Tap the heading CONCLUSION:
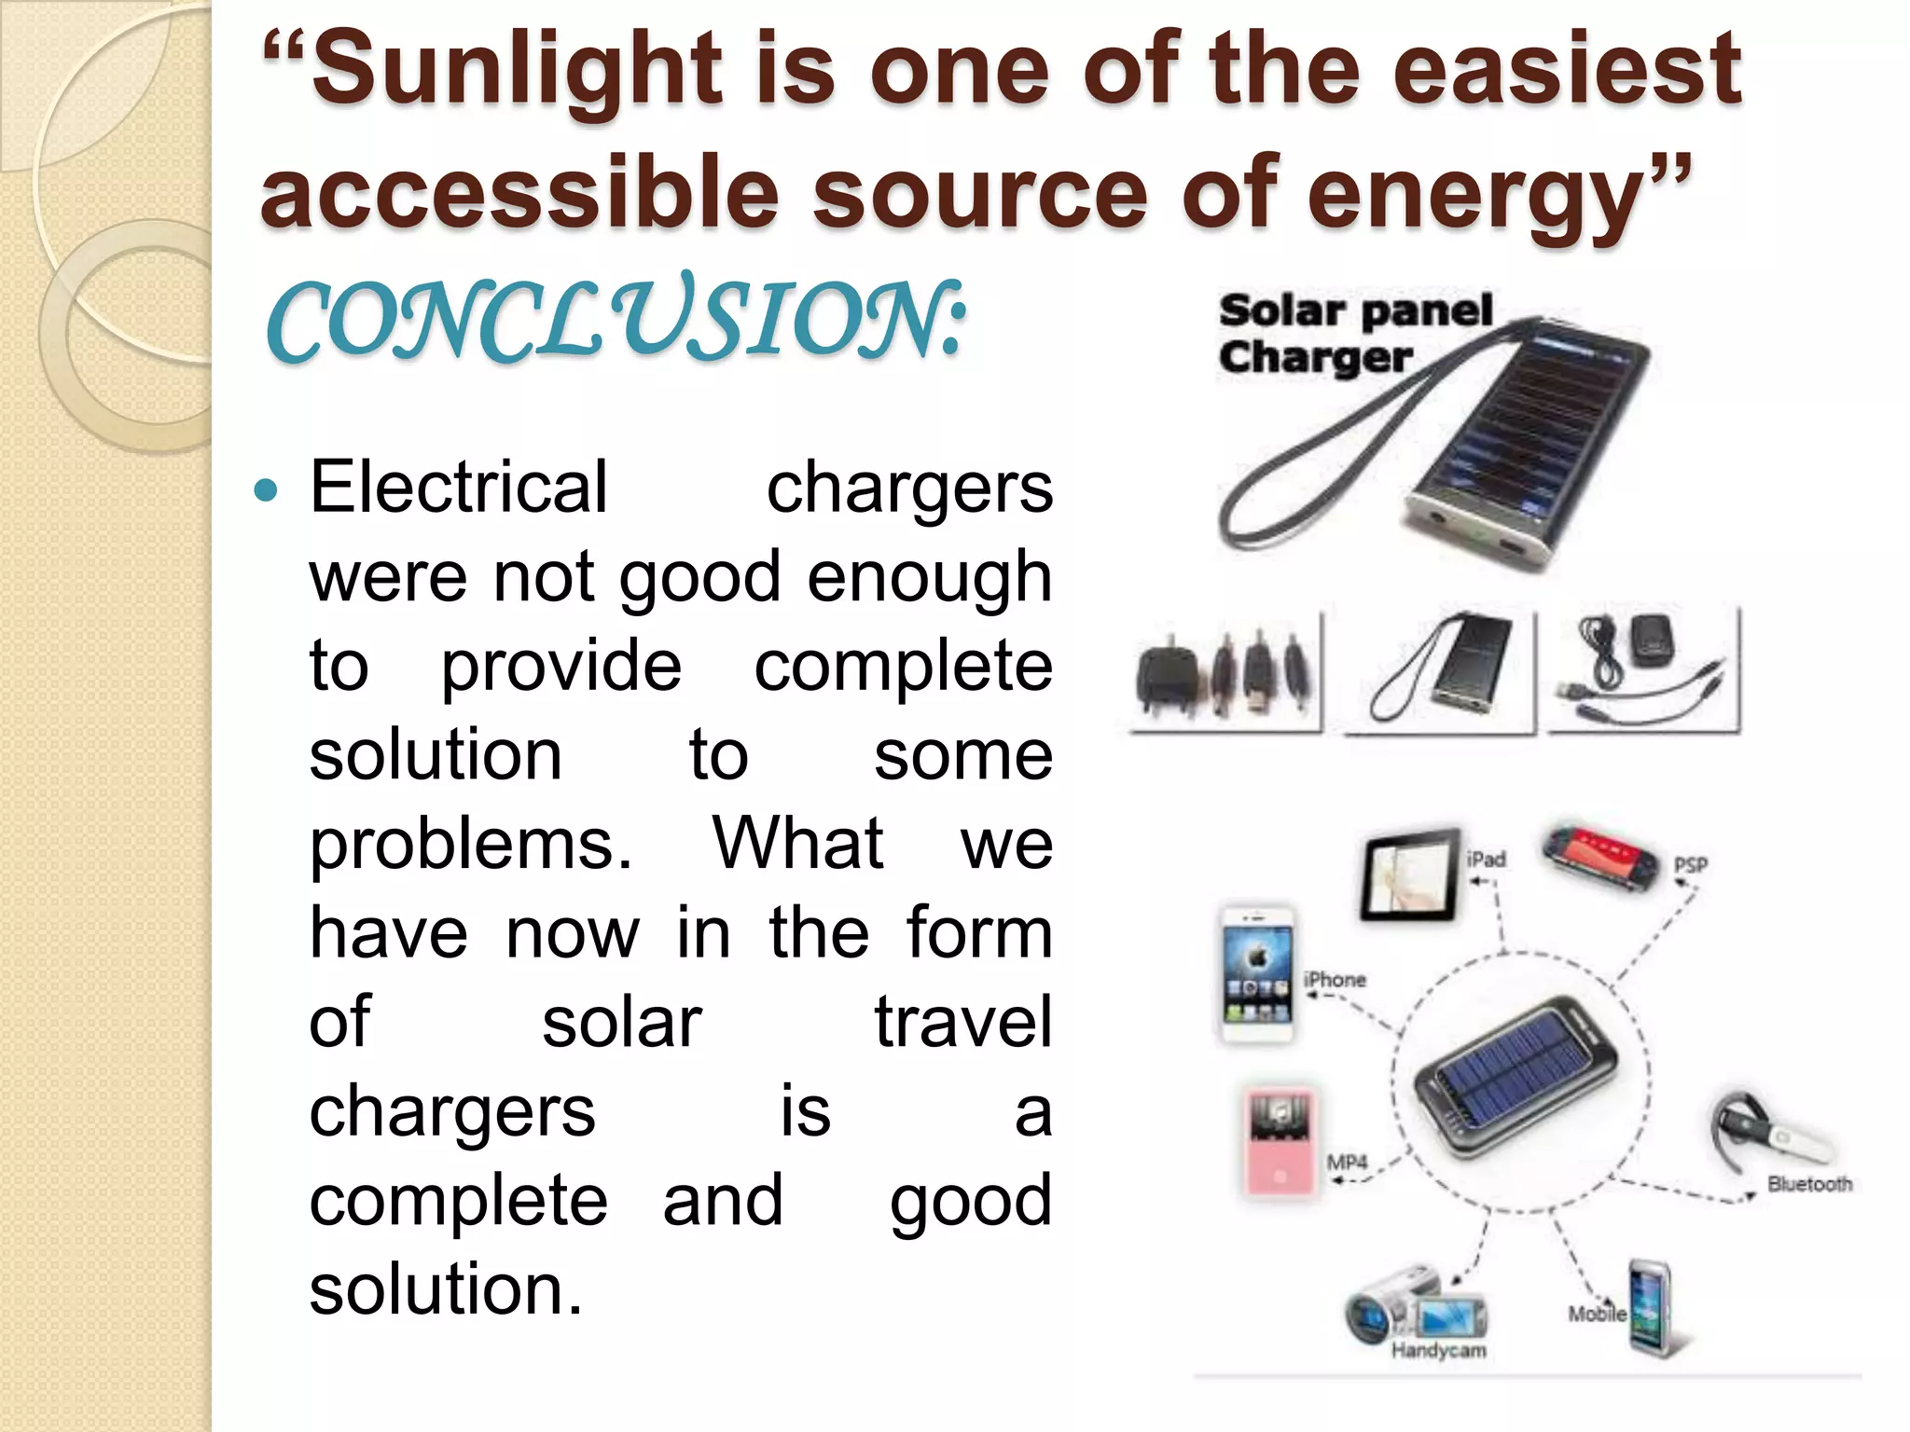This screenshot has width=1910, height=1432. tap(616, 322)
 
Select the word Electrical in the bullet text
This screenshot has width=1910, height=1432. tap(458, 487)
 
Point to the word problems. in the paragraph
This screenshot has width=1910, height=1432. tap(471, 844)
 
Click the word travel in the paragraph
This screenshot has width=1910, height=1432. tap(962, 1022)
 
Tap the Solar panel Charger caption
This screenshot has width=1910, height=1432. tap(1354, 334)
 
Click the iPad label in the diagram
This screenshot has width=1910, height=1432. tap(1486, 859)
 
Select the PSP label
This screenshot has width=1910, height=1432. tap(1690, 865)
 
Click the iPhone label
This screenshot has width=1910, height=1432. tap(1335, 980)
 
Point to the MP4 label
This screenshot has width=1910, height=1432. tap(1347, 1163)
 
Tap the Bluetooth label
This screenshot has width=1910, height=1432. tap(1809, 1184)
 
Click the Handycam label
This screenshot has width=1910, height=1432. tap(1438, 1350)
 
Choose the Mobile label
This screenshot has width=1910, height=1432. tap(1597, 1314)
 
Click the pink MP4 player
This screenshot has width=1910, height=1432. tap(1280, 1140)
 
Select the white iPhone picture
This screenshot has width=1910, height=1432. tap(1257, 974)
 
